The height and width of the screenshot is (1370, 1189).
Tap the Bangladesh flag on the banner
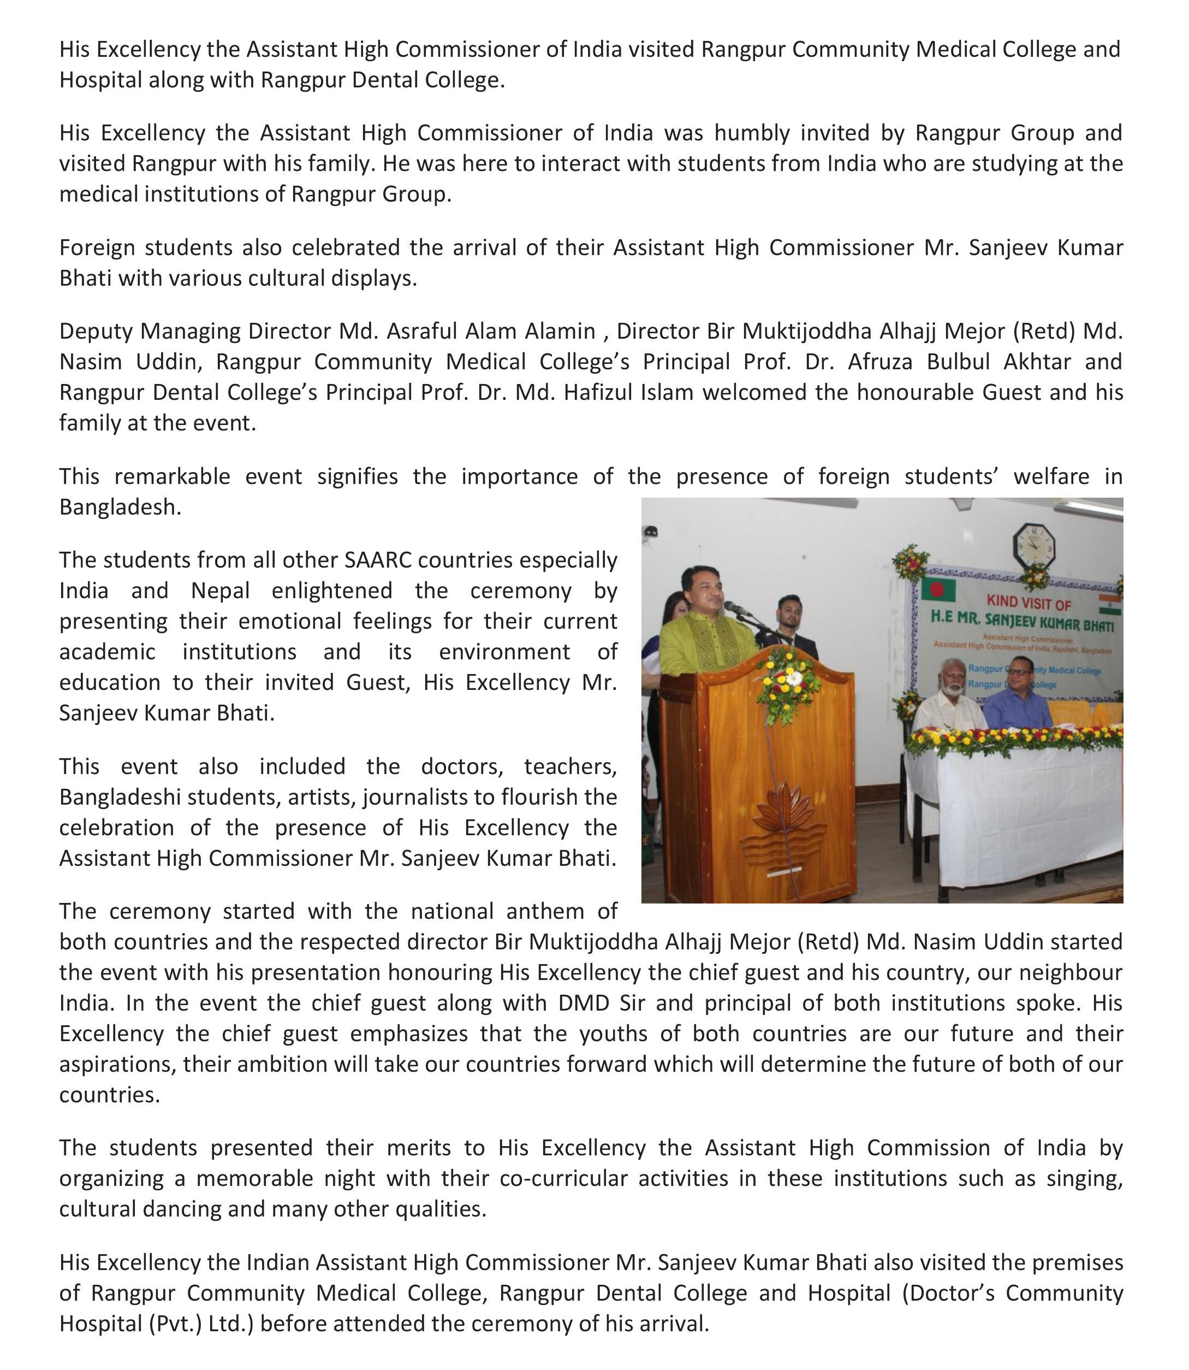(x=937, y=589)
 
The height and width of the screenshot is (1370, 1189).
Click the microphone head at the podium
(x=730, y=605)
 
